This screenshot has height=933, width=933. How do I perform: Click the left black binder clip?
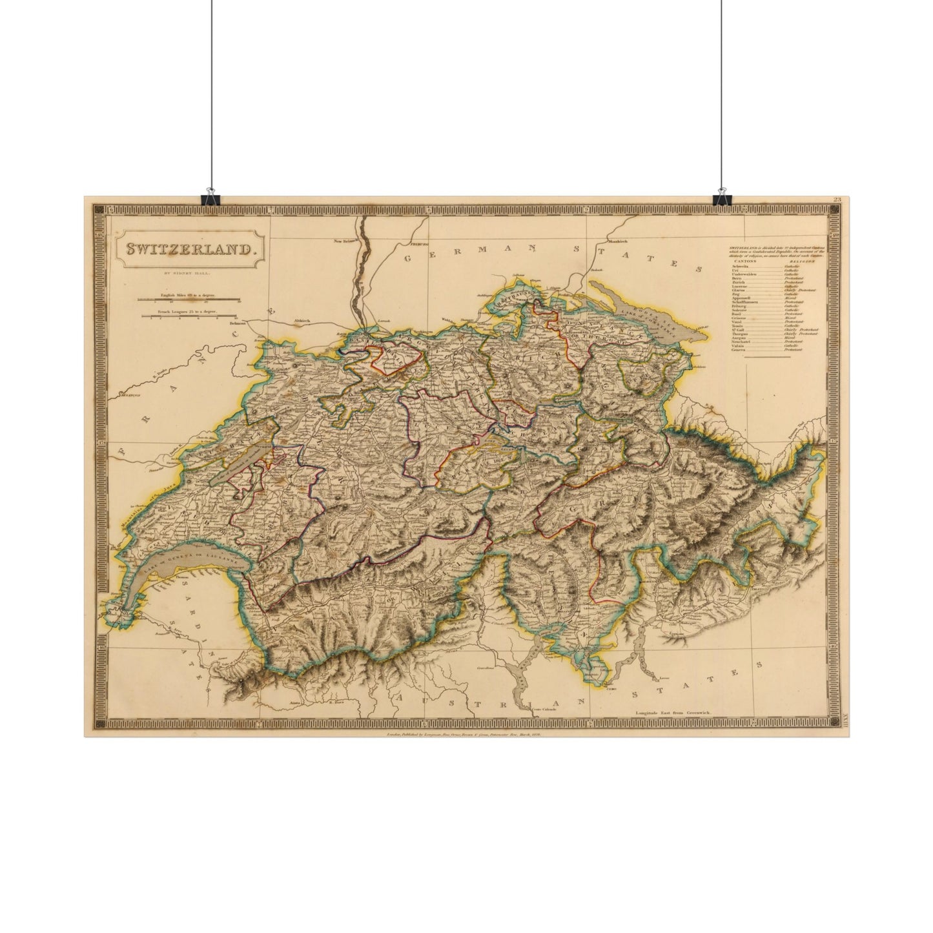pos(209,197)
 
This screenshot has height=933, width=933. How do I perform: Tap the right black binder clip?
pos(721,197)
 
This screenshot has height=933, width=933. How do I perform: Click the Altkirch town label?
pos(303,320)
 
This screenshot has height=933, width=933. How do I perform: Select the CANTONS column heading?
pos(744,261)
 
